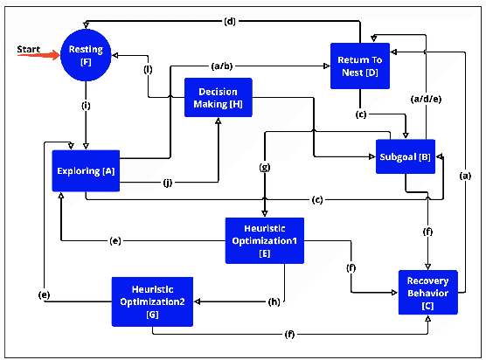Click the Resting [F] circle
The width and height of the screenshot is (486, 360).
point(85,55)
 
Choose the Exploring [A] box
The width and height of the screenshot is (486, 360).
point(85,170)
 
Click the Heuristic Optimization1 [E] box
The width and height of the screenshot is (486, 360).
point(263,239)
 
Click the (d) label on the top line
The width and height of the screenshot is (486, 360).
point(230,20)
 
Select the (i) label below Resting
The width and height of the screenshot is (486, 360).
point(85,107)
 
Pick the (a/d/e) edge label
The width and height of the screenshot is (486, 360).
point(427,99)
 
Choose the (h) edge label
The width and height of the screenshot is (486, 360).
point(274,301)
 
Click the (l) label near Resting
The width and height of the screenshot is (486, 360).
point(148,69)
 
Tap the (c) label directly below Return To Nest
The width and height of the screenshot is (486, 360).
point(360,112)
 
